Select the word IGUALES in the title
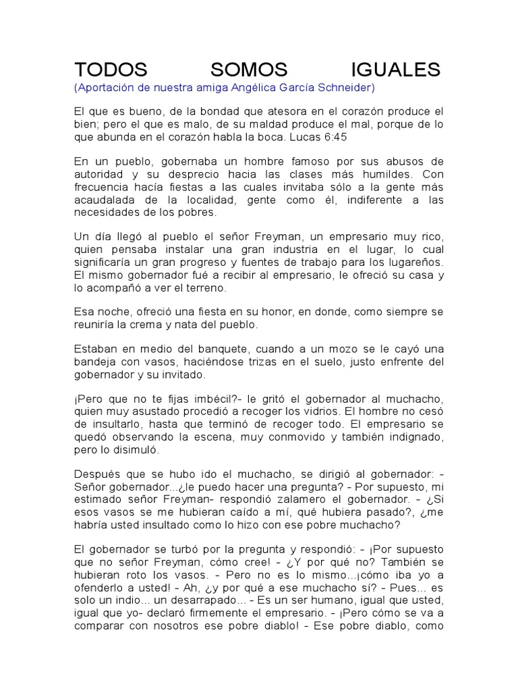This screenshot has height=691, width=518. [x=397, y=70]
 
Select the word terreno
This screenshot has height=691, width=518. [x=206, y=287]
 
